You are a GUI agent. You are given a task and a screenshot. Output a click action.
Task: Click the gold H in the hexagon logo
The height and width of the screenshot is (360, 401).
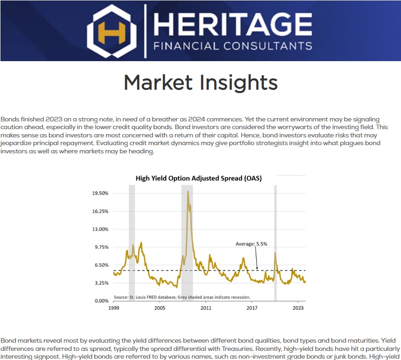112,32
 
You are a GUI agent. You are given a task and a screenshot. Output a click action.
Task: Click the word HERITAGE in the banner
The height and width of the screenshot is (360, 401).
233,24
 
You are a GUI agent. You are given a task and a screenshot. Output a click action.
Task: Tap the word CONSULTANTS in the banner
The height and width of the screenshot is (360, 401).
268,46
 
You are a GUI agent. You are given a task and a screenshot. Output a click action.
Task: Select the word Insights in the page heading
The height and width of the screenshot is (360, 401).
238,83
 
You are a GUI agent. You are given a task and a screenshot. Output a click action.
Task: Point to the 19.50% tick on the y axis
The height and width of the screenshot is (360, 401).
100,193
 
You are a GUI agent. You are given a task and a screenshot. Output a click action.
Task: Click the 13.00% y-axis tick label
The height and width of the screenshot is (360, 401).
100,229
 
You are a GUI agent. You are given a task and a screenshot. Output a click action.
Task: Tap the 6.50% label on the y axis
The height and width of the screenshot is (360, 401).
101,265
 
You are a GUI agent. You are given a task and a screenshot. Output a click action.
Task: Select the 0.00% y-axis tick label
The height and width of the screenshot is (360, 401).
101,301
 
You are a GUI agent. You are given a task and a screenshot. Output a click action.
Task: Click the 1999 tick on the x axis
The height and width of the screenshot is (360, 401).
114,308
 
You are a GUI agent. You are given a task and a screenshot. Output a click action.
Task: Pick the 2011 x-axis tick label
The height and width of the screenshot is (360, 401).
206,308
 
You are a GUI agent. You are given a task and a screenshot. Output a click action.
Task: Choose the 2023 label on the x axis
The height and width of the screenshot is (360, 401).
298,308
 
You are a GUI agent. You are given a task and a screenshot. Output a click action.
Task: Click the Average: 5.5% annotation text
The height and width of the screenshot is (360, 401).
251,244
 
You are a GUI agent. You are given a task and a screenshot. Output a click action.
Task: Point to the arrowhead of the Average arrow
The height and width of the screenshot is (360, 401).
257,268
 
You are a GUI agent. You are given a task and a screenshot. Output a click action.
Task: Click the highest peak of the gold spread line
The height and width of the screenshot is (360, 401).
188,191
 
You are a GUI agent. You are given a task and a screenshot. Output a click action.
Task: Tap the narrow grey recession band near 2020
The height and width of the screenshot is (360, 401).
275,243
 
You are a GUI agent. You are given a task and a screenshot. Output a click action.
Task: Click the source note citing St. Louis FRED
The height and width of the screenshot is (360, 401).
182,297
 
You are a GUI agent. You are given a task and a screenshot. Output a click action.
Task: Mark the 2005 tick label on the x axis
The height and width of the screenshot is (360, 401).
160,308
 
